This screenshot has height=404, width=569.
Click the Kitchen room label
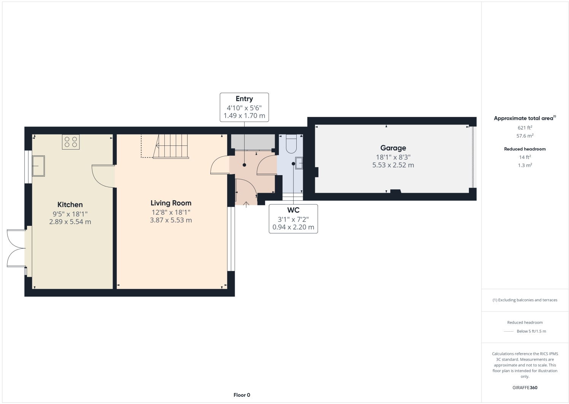70,205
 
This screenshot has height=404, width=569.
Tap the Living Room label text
171,203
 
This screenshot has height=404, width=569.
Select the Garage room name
393,148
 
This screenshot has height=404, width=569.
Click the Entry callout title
244,99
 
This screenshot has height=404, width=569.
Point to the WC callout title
293,210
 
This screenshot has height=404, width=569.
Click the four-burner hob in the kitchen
71,142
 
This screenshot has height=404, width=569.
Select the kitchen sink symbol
38,166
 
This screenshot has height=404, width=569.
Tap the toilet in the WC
291,144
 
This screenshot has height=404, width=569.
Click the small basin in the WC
299,163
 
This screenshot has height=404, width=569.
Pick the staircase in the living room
171,146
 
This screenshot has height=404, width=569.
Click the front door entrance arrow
246,204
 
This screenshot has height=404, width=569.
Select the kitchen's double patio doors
16,248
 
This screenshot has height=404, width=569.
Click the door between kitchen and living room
103,176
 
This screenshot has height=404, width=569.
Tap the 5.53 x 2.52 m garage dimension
393,165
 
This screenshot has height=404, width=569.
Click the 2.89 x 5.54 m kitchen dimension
70,222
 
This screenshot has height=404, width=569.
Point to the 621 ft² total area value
524,128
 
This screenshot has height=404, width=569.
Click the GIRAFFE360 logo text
525,388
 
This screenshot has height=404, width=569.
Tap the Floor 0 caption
242,395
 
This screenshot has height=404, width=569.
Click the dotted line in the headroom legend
509,331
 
